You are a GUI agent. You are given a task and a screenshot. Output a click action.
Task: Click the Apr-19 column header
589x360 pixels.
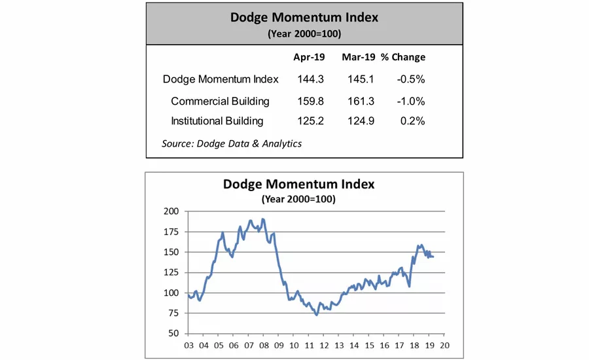coord(306,57)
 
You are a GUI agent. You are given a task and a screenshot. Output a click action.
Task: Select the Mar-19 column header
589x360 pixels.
coord(358,57)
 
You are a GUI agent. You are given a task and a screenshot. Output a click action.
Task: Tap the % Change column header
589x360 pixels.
coord(403,57)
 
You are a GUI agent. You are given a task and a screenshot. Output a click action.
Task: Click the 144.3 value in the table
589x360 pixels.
coord(306,79)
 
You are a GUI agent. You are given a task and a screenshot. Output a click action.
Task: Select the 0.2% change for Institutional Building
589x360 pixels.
coord(414,121)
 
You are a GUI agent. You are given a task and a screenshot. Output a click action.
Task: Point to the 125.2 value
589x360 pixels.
coord(306,121)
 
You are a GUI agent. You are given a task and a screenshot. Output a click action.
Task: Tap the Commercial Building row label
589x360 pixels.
coord(220,101)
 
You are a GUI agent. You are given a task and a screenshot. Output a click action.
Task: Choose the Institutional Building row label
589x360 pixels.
coord(217,121)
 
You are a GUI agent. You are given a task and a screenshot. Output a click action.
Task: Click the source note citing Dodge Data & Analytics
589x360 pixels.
coord(232,143)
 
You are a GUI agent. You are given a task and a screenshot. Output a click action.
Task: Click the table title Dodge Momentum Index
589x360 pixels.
coord(304,17)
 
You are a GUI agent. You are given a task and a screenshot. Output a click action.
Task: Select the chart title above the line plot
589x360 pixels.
coord(298,184)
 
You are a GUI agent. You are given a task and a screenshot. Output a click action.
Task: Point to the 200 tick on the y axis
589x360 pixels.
coord(171,212)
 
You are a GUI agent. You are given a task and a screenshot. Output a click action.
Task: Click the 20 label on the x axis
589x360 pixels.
coord(445,345)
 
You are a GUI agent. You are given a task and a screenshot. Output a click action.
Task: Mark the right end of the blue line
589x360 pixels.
coord(433,257)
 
